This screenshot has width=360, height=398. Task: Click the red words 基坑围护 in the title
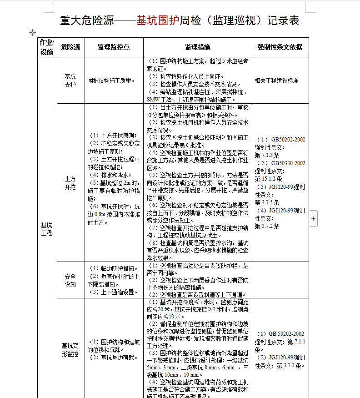pyautogui.click(x=158, y=20)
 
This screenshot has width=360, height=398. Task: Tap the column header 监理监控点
pyautogui.click(x=114, y=47)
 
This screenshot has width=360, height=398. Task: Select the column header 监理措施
pyautogui.click(x=197, y=47)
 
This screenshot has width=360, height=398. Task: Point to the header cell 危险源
pyautogui.click(x=70, y=47)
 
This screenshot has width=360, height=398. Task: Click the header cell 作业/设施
pyautogui.click(x=47, y=47)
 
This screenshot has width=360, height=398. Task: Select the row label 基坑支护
pyautogui.click(x=70, y=81)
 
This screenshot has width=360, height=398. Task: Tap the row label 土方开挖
pyautogui.click(x=70, y=183)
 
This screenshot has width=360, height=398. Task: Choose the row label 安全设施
pyautogui.click(x=70, y=280)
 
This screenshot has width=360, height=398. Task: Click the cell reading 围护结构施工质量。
pyautogui.click(x=111, y=81)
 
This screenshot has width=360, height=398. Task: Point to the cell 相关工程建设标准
pyautogui.click(x=276, y=81)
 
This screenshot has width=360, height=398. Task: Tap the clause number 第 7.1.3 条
pyautogui.click(x=267, y=155)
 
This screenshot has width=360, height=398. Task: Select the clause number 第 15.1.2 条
pyautogui.click(x=269, y=179)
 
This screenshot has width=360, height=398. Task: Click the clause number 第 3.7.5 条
pyautogui.click(x=267, y=202)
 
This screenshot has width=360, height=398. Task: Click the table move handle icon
pyautogui.click(x=32, y=32)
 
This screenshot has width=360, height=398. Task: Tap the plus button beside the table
pyautogui.click(x=314, y=219)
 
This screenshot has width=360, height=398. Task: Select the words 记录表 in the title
pyautogui.click(x=283, y=20)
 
